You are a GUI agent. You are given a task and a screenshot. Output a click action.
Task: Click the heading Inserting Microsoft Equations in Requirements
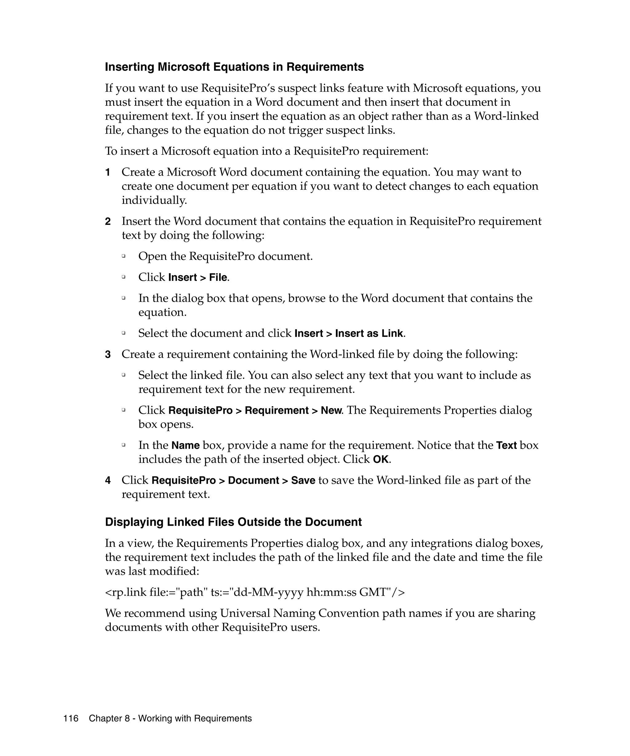234,67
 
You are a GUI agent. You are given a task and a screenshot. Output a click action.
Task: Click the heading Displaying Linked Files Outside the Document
233,522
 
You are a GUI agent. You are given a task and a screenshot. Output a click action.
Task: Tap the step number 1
107,173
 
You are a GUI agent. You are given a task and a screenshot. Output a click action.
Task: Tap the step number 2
108,221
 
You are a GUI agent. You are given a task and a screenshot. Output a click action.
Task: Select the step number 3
108,355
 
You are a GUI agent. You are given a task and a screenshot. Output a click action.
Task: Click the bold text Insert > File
197,277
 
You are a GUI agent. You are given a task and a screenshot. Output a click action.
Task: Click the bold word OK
381,460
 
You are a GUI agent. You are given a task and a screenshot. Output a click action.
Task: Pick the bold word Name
185,446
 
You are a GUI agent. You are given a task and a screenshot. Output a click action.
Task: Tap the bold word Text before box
506,446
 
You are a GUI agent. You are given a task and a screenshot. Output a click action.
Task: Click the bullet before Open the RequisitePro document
123,256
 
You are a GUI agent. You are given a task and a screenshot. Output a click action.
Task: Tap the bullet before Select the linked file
123,375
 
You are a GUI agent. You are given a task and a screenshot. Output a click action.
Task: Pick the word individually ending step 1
154,200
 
